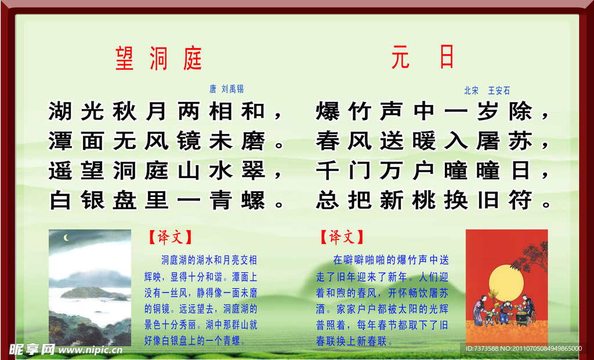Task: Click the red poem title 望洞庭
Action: [x=158, y=58]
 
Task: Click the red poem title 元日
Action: [x=422, y=58]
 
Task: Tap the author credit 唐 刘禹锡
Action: [x=226, y=89]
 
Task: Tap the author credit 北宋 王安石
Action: [x=487, y=90]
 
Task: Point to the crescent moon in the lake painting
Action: [x=67, y=237]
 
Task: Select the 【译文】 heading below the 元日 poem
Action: [x=342, y=237]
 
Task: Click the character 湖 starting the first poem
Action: [x=60, y=111]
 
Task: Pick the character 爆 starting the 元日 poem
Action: [x=328, y=111]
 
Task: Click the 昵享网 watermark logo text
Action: [x=32, y=349]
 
